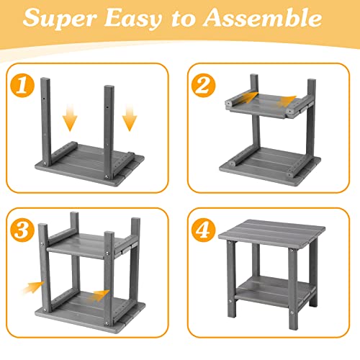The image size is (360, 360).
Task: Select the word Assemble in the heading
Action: (x=262, y=18)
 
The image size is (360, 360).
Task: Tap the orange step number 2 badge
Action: (x=204, y=86)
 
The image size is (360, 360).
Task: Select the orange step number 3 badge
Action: (x=22, y=230)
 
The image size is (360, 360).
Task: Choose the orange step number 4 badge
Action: (x=204, y=230)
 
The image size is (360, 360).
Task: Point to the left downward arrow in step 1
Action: (x=70, y=118)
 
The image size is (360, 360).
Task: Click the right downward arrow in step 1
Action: (x=130, y=118)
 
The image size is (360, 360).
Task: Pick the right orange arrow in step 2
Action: (x=287, y=102)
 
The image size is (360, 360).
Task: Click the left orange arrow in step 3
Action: (x=32, y=287)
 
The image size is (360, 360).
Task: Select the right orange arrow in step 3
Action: (x=99, y=295)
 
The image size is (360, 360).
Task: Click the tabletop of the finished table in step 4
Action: (x=271, y=232)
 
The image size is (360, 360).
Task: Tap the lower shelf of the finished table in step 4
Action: (x=274, y=290)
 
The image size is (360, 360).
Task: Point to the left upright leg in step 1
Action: (x=45, y=122)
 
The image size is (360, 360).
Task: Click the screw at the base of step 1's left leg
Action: (x=45, y=163)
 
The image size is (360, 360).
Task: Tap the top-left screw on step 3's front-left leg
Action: (x=42, y=244)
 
